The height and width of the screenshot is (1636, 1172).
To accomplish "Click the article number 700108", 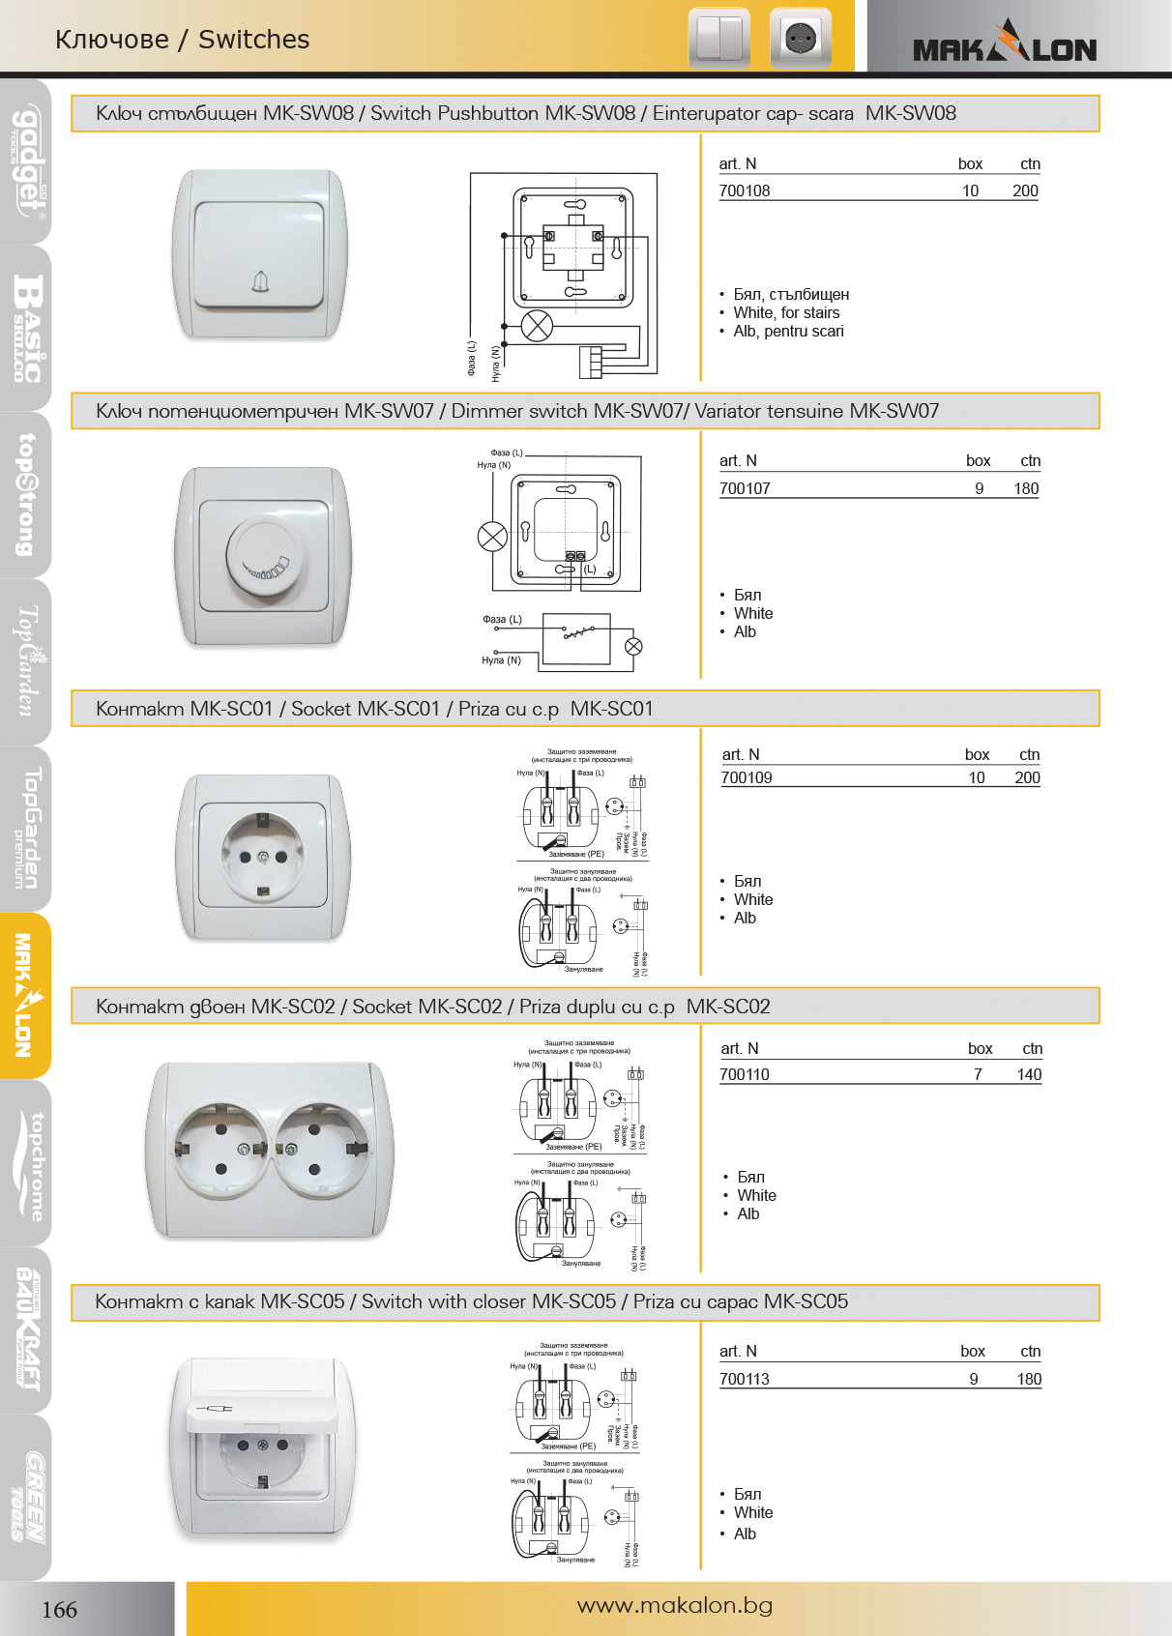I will pos(744,191).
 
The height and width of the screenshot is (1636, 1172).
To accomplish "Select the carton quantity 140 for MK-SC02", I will pos(1029,1074).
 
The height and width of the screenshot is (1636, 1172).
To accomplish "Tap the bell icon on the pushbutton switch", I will pos(259,281).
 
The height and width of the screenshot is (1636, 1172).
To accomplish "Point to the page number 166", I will pos(59,1609).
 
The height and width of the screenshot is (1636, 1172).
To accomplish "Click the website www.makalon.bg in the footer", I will pos(674,1605).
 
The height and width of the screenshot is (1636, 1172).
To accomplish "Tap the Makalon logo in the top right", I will pos(1005,44).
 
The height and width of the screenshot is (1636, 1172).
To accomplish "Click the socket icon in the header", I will pos(800,40).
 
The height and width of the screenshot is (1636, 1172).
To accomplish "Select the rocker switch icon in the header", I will pos(718,40).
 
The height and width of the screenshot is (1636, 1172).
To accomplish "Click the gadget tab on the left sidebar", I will pos(27,162).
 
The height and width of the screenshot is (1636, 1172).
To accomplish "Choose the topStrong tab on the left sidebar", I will pos(27,495).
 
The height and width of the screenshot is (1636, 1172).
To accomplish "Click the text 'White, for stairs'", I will pos(785,312).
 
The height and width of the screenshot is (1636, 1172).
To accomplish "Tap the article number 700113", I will pos(744,1379).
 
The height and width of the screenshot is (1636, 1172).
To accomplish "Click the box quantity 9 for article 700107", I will pos(979,489).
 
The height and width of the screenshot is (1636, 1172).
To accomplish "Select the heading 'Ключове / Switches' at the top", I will pos(182,40).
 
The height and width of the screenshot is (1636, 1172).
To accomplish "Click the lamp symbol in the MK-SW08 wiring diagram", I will pos(537,326).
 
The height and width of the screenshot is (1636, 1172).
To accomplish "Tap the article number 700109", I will pos(747,778).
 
